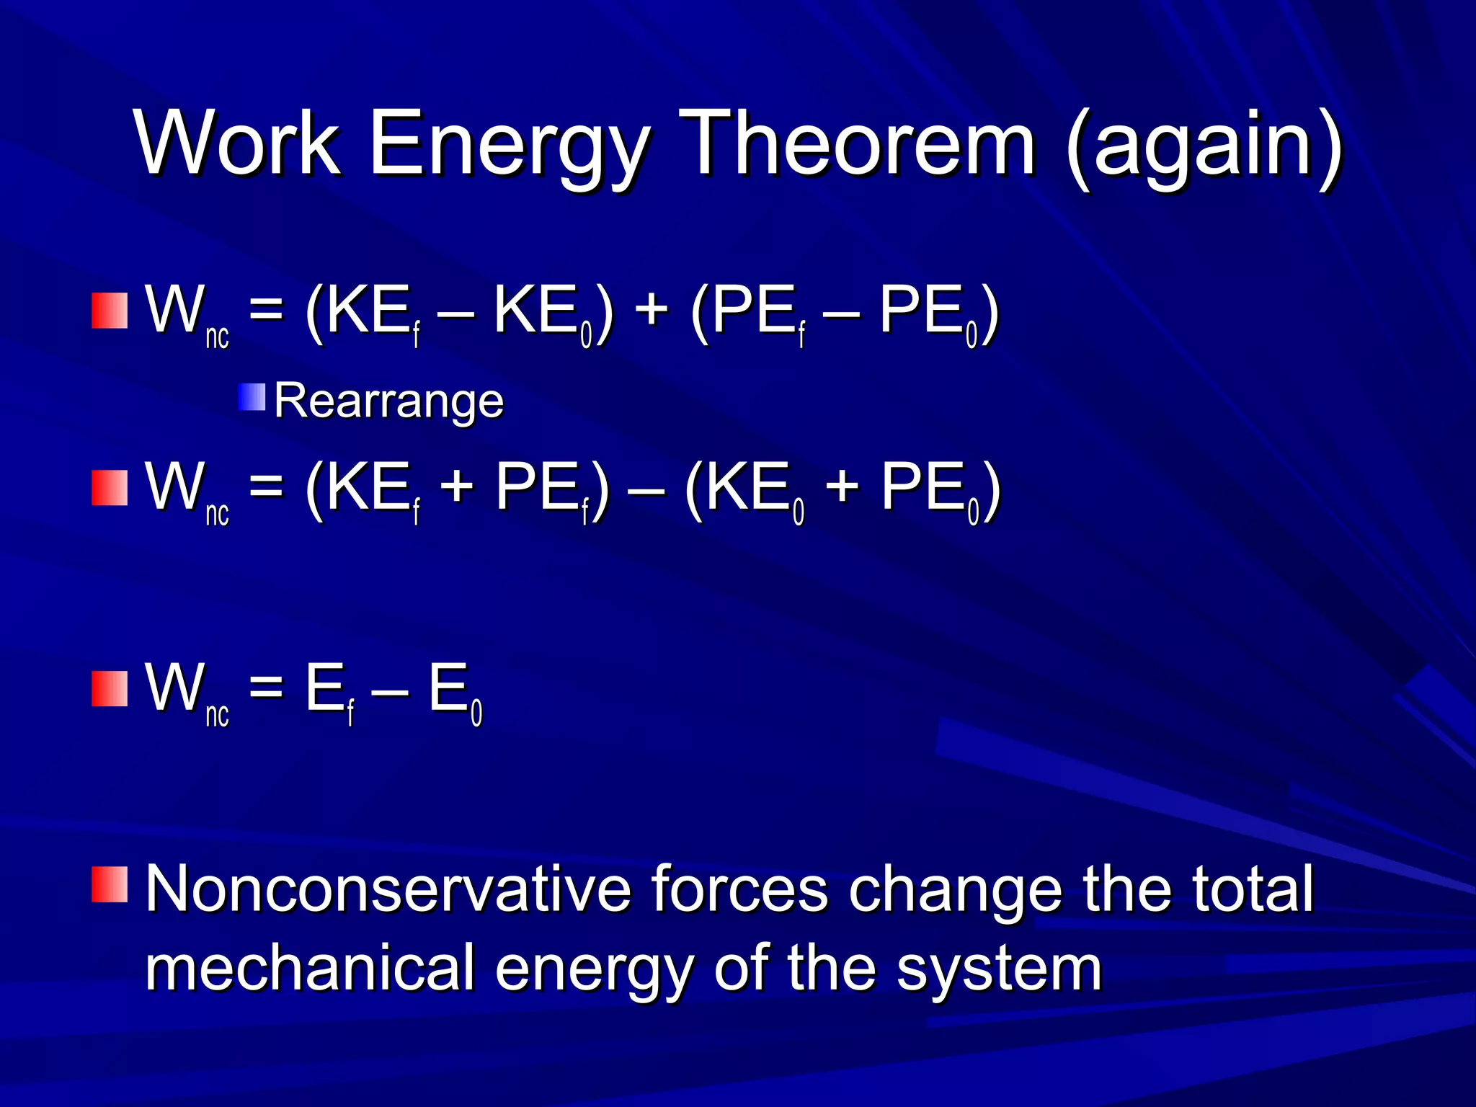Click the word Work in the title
[x=238, y=143]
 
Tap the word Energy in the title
[x=508, y=148]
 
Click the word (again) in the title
[x=1204, y=148]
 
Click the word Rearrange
[x=388, y=401]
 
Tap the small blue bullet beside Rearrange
[x=252, y=397]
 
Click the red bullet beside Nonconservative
[x=110, y=885]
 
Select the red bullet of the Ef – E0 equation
[x=110, y=689]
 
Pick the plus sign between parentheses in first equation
[x=652, y=313]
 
